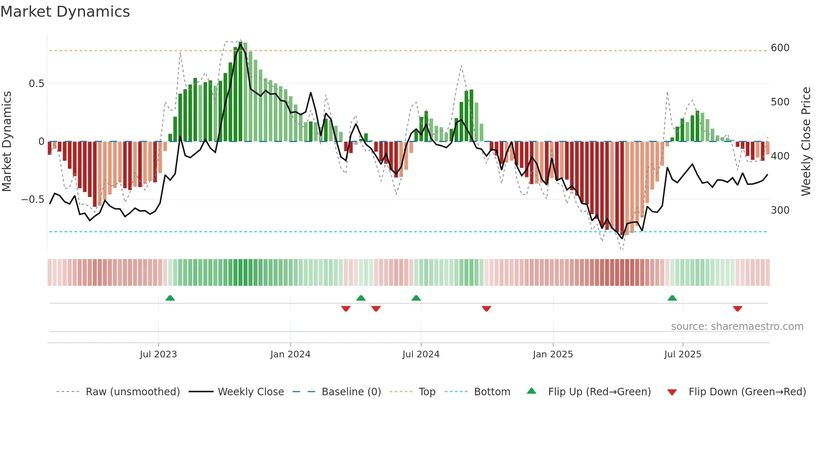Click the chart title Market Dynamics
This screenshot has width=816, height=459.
coord(65,12)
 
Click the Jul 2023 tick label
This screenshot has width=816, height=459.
coord(158,354)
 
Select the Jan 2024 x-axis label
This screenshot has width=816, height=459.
coord(290,354)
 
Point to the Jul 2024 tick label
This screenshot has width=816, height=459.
coord(421,354)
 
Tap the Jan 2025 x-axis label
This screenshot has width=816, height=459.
coord(553,354)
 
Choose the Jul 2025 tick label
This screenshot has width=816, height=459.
coord(683,354)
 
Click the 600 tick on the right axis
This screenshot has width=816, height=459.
coord(780,48)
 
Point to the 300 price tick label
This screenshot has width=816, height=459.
coord(780,210)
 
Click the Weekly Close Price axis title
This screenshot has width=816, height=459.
coord(806,142)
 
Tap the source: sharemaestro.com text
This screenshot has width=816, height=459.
coord(737,327)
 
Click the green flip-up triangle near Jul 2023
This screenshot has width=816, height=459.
coord(170,298)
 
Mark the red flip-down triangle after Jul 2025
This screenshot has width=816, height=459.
coord(738,309)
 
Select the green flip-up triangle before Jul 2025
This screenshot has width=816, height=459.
coord(672,298)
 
